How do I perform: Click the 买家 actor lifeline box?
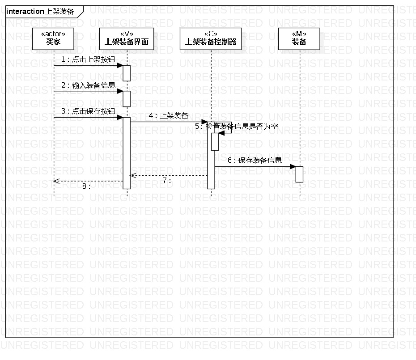pyautogui.click(x=53, y=38)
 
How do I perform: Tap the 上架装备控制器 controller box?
pyautogui.click(x=211, y=38)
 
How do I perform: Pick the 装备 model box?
pyautogui.click(x=299, y=38)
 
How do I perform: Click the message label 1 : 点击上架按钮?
pyautogui.click(x=84, y=59)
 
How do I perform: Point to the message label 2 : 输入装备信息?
pyautogui.click(x=88, y=85)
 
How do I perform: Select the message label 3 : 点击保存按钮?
pyautogui.click(x=88, y=111)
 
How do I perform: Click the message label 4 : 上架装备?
pyautogui.click(x=168, y=115)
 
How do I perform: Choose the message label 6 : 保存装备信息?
pyautogui.click(x=255, y=160)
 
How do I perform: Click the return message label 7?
pyautogui.click(x=167, y=181)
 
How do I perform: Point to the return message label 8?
pyautogui.click(x=86, y=186)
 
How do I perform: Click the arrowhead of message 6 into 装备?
pyautogui.click(x=293, y=167)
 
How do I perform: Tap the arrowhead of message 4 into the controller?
pyautogui.click(x=204, y=122)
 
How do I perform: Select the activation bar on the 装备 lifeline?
pyautogui.click(x=299, y=174)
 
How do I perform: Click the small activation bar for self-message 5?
pyautogui.click(x=215, y=141)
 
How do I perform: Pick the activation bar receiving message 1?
pyautogui.click(x=127, y=73)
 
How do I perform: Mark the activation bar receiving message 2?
pyautogui.click(x=127, y=99)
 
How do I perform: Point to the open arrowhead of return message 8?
pyautogui.click(x=55, y=181)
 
